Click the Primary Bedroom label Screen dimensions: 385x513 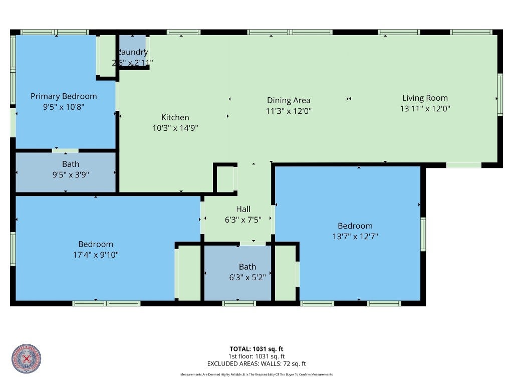click(x=64, y=96)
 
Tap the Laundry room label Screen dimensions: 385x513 click(x=133, y=53)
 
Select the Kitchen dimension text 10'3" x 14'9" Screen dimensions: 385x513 click(x=175, y=128)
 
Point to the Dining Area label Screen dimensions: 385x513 click(x=289, y=100)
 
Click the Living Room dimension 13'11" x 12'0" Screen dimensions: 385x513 click(x=425, y=108)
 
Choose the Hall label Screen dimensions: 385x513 click(x=243, y=209)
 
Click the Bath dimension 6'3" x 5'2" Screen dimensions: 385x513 click(x=247, y=277)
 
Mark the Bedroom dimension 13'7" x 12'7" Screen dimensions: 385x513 click(x=355, y=236)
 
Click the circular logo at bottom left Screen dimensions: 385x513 click(x=26, y=358)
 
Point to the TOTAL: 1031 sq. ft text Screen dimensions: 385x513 click(x=256, y=349)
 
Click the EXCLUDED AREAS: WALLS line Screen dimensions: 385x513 click(x=256, y=364)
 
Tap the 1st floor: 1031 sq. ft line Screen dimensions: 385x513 click(x=256, y=356)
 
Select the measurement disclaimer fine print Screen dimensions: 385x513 click(x=256, y=374)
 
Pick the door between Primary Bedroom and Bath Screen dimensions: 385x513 click(x=65, y=150)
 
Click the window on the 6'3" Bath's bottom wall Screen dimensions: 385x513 click(x=238, y=303)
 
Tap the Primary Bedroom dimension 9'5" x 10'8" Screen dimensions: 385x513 click(x=64, y=106)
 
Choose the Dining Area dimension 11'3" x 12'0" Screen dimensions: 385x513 click(x=289, y=111)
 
